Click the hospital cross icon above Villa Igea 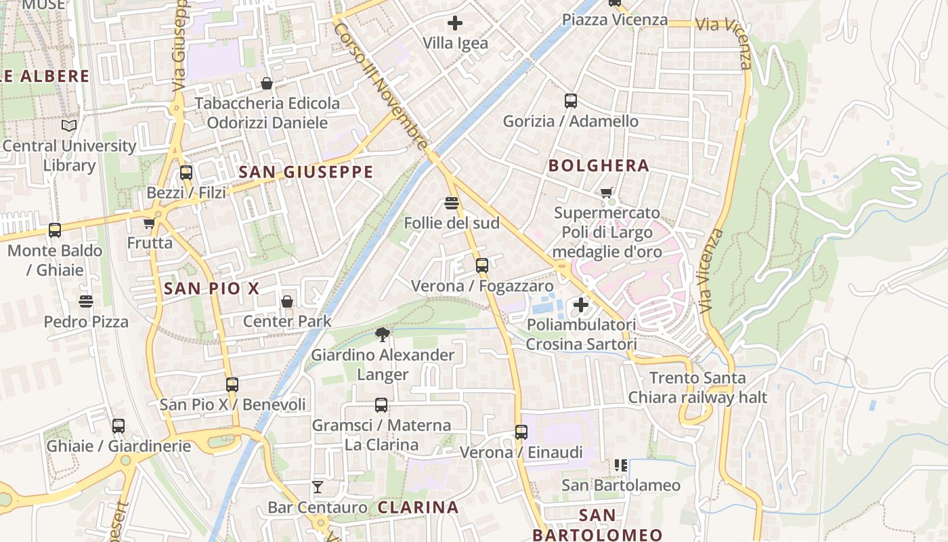tap(455, 23)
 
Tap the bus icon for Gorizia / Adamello tap(571, 101)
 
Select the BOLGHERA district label tap(599, 165)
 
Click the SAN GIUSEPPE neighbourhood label tap(306, 172)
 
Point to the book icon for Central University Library tap(69, 125)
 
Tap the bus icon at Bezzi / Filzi tap(186, 173)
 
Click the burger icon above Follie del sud tap(452, 203)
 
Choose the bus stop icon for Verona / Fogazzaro tap(481, 266)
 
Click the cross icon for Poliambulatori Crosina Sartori tap(581, 305)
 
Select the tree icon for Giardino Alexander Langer tap(383, 334)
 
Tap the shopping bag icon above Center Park tap(287, 301)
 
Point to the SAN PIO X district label tap(211, 289)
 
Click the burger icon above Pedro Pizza tap(86, 301)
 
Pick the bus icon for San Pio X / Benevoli tap(232, 385)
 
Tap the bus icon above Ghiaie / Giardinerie tap(118, 426)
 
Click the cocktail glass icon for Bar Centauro tap(317, 486)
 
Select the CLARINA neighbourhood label tap(418, 507)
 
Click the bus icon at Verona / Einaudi tap(521, 432)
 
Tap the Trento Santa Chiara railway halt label tap(697, 388)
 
